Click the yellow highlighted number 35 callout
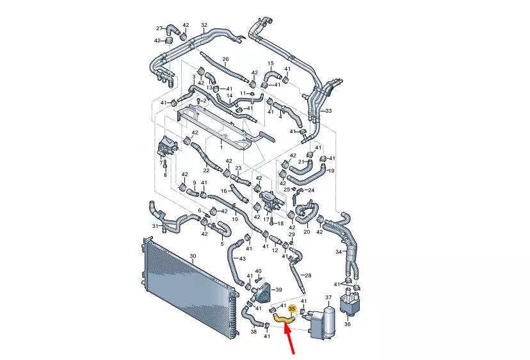(292, 309)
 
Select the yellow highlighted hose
(284, 318)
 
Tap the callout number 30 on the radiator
(193, 256)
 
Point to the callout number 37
(328, 297)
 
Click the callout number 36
(348, 323)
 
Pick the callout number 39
(278, 290)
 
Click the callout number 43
(242, 259)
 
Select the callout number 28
(308, 275)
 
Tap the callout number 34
(339, 252)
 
